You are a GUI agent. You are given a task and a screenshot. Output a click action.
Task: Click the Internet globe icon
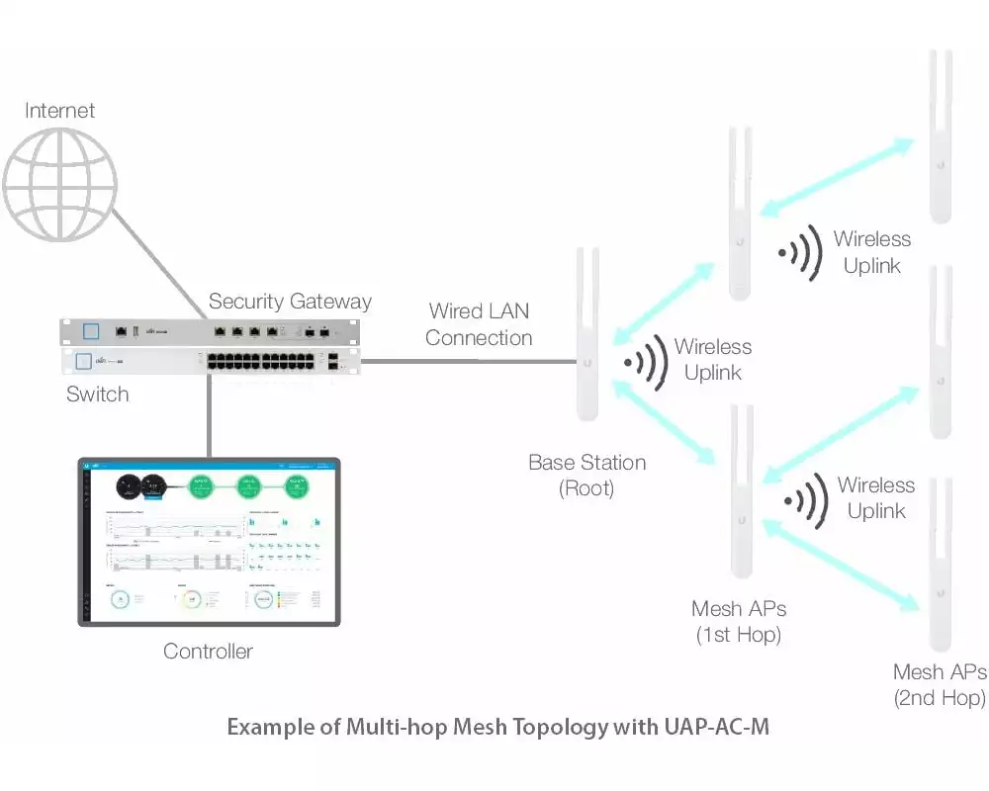coord(59,184)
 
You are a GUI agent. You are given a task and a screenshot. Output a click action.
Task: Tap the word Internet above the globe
coord(60,111)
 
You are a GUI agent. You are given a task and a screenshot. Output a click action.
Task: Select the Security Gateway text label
coord(290,302)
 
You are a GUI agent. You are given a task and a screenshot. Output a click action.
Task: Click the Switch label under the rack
coord(97,395)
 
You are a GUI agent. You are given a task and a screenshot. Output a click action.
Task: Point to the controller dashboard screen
coord(209,541)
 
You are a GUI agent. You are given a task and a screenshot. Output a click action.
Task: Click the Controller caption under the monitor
coord(208,652)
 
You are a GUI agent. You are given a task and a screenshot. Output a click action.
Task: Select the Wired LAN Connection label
coord(479,324)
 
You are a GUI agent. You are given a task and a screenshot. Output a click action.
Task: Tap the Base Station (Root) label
coord(586,476)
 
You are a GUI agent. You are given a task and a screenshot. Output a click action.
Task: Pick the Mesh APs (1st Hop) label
coord(739,622)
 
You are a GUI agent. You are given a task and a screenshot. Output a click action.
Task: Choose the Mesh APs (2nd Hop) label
coord(940,685)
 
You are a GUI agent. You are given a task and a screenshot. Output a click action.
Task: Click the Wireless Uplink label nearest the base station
coord(713,360)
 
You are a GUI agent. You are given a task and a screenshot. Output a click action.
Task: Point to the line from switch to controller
coord(210,415)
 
